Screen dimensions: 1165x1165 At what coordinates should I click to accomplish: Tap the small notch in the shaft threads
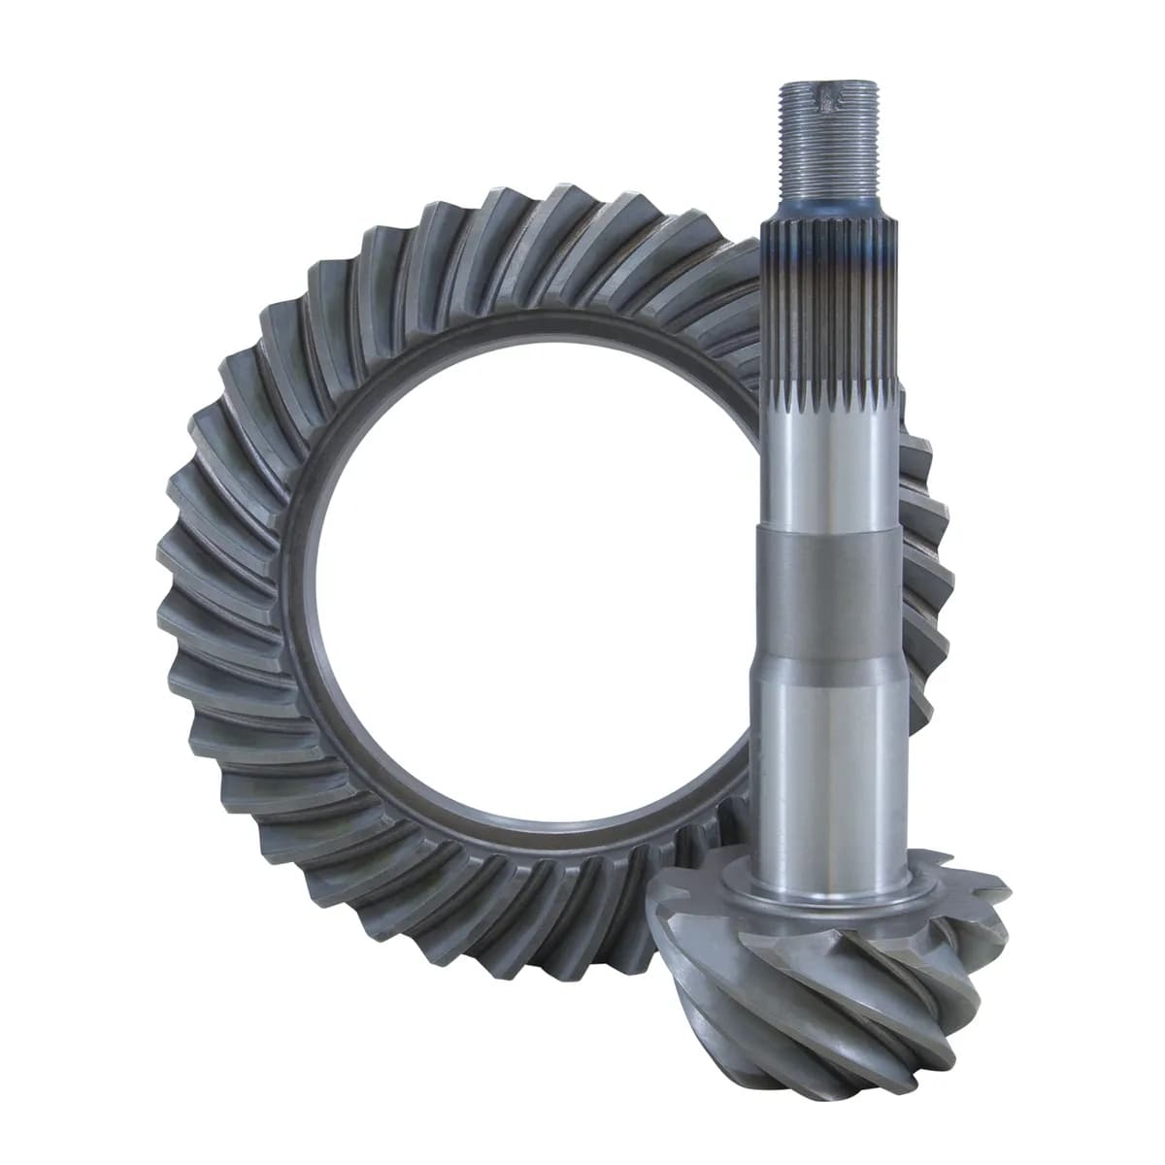pos(826,97)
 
